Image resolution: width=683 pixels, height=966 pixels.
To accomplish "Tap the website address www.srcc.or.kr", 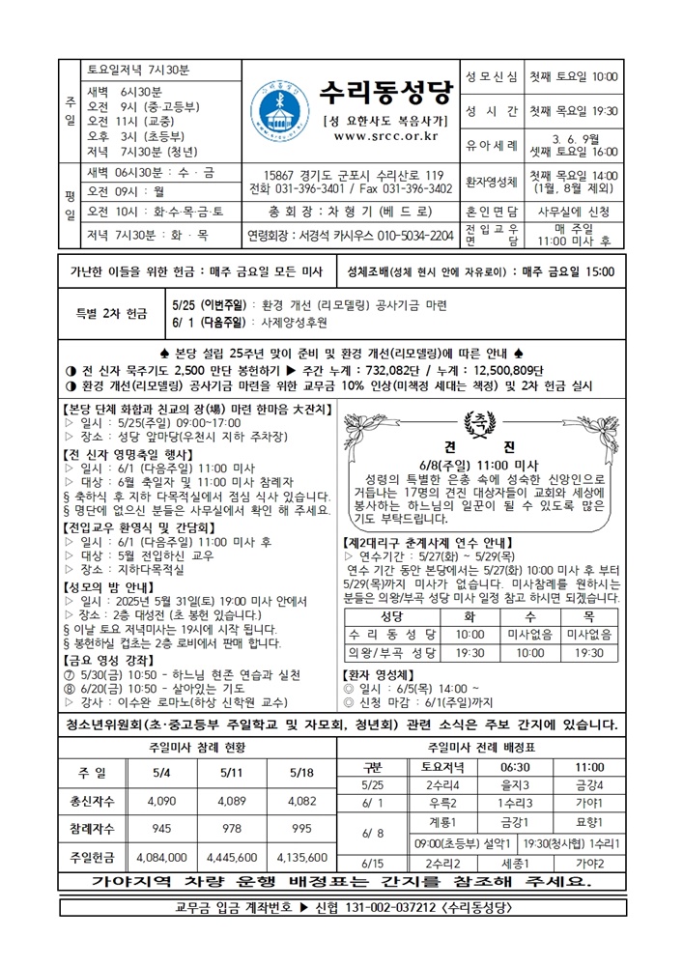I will point(384,136).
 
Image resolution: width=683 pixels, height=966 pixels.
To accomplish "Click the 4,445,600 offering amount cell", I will point(232,856).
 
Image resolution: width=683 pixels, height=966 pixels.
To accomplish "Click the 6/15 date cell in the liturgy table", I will point(373,863).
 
